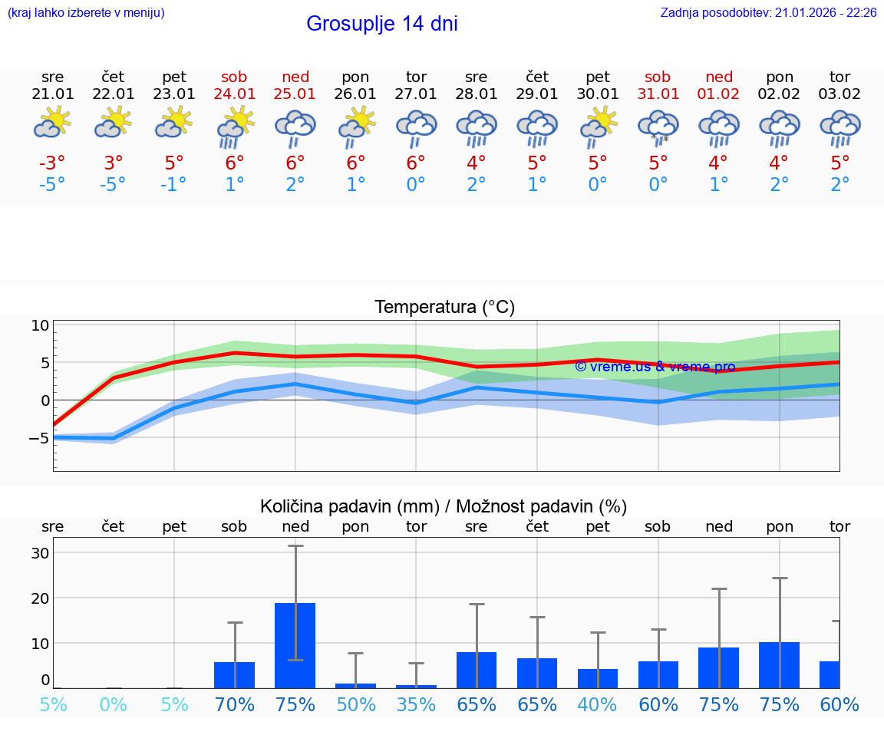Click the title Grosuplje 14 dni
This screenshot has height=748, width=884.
point(381,24)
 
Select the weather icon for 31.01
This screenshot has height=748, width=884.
point(658,127)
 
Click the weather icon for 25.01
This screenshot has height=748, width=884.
point(295,127)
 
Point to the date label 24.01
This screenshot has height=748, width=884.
point(235,94)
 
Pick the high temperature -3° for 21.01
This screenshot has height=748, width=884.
point(53,163)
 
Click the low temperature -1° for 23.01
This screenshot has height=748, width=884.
point(174,185)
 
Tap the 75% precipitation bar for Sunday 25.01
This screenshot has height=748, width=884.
point(295,645)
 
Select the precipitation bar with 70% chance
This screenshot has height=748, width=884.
point(235,674)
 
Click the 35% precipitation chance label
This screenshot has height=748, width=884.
point(416,704)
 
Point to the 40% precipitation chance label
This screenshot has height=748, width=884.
point(598,704)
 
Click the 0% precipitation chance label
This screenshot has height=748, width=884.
point(114,704)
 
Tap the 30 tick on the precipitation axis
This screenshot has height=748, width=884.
point(40,552)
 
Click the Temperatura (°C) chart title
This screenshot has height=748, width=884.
point(444,307)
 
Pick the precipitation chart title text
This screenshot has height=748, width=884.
point(444,506)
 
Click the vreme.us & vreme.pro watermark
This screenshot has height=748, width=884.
point(655,367)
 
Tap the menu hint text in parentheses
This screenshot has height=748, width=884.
point(86,13)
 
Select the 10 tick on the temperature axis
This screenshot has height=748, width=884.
point(40,325)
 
